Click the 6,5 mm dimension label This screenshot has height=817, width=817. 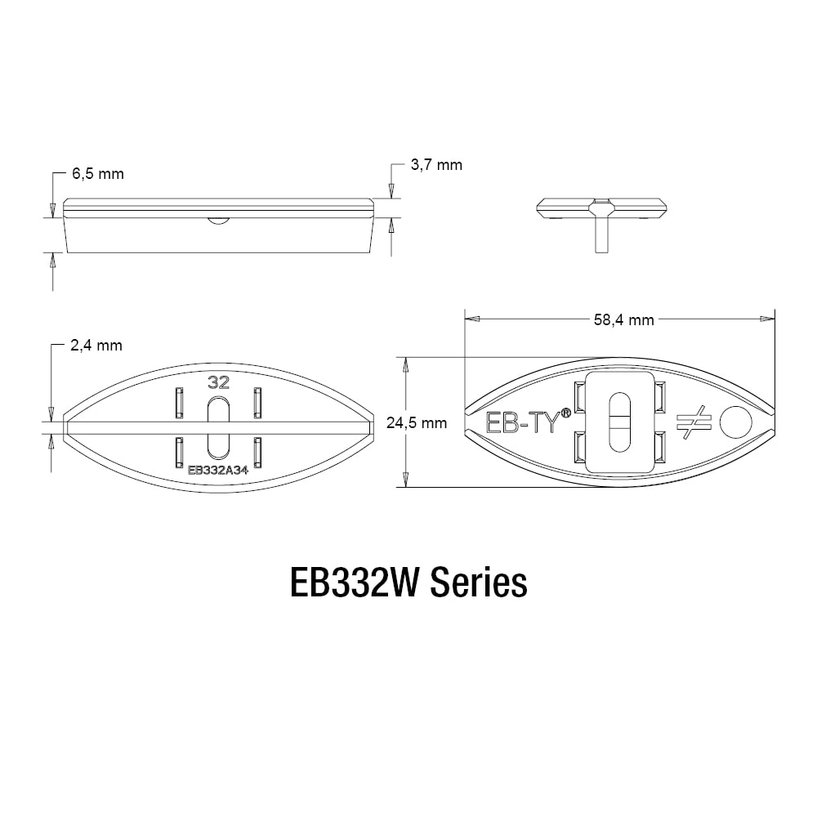(x=98, y=173)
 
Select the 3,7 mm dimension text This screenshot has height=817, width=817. (x=436, y=165)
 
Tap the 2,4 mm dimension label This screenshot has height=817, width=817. (x=96, y=346)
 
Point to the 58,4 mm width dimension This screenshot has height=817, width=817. (x=623, y=319)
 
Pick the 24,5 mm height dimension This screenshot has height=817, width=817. (x=417, y=422)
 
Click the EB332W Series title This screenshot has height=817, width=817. (x=408, y=583)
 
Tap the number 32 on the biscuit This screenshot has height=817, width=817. (x=218, y=382)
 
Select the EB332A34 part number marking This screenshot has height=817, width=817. (x=218, y=470)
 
